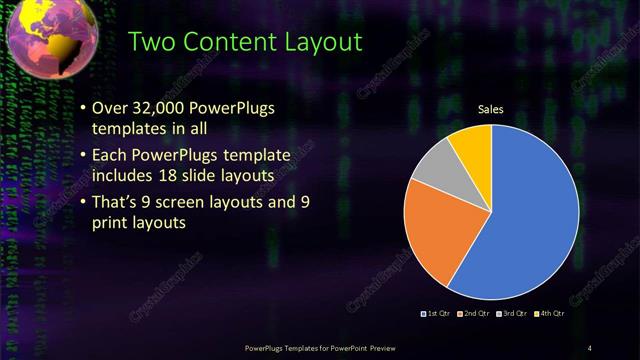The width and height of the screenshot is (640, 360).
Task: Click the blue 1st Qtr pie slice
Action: click(x=530, y=220)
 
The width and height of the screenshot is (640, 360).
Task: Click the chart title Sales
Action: click(x=490, y=109)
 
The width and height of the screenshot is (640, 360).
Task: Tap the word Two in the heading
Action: click(x=154, y=42)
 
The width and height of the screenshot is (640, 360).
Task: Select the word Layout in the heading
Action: click(x=326, y=42)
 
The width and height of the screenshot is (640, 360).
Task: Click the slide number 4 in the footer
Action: click(x=590, y=347)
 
